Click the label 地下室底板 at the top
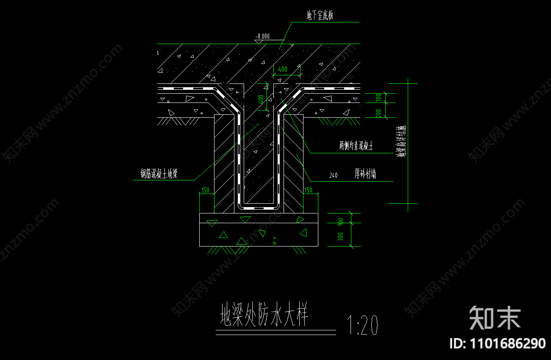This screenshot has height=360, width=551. (x=320, y=16)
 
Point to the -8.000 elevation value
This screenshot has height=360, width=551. (x=263, y=36)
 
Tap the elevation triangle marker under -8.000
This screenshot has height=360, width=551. (x=258, y=42)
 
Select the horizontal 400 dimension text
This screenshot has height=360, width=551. (x=283, y=69)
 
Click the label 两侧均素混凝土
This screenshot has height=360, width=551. (x=356, y=146)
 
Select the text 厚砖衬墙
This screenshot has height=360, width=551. (x=365, y=174)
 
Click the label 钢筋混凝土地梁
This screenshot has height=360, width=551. (x=159, y=173)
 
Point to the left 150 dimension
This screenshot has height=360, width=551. (x=206, y=190)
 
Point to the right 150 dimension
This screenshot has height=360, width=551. (x=308, y=190)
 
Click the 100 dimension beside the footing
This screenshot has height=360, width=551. (x=340, y=222)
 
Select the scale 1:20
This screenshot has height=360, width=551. (x=362, y=325)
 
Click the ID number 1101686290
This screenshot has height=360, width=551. (x=498, y=343)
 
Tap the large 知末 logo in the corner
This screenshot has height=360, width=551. (x=495, y=318)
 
